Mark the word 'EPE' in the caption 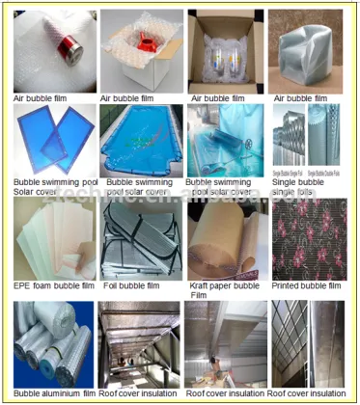[x=22, y=286]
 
